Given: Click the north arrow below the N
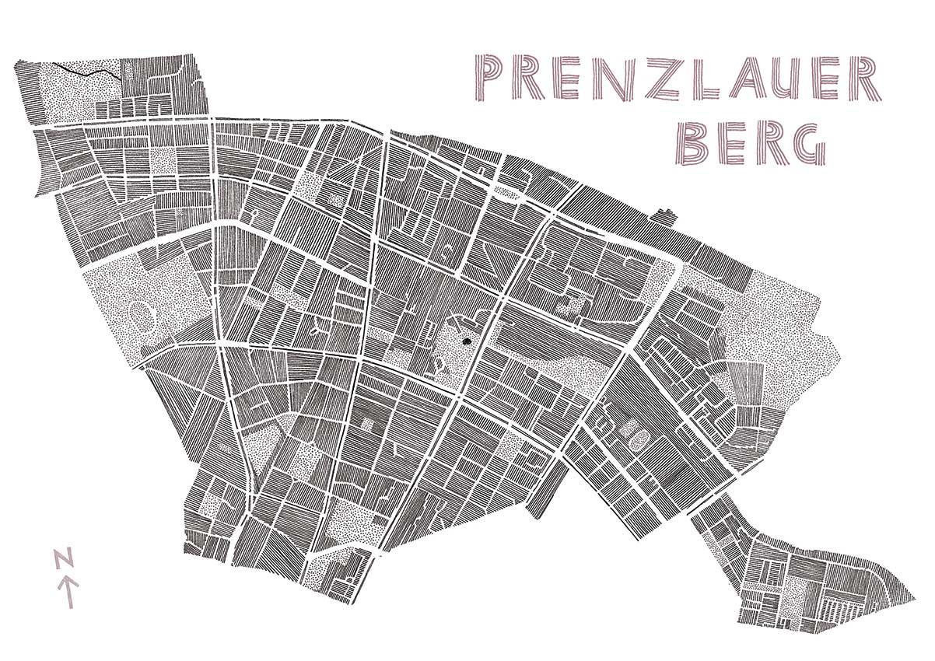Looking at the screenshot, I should click(x=68, y=591).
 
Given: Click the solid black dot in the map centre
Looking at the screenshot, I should click(x=467, y=340).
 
